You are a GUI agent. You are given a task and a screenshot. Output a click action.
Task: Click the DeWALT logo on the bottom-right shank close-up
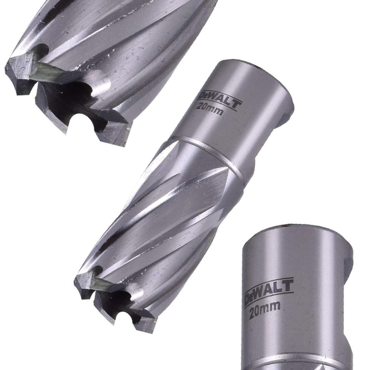[x=269, y=292]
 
